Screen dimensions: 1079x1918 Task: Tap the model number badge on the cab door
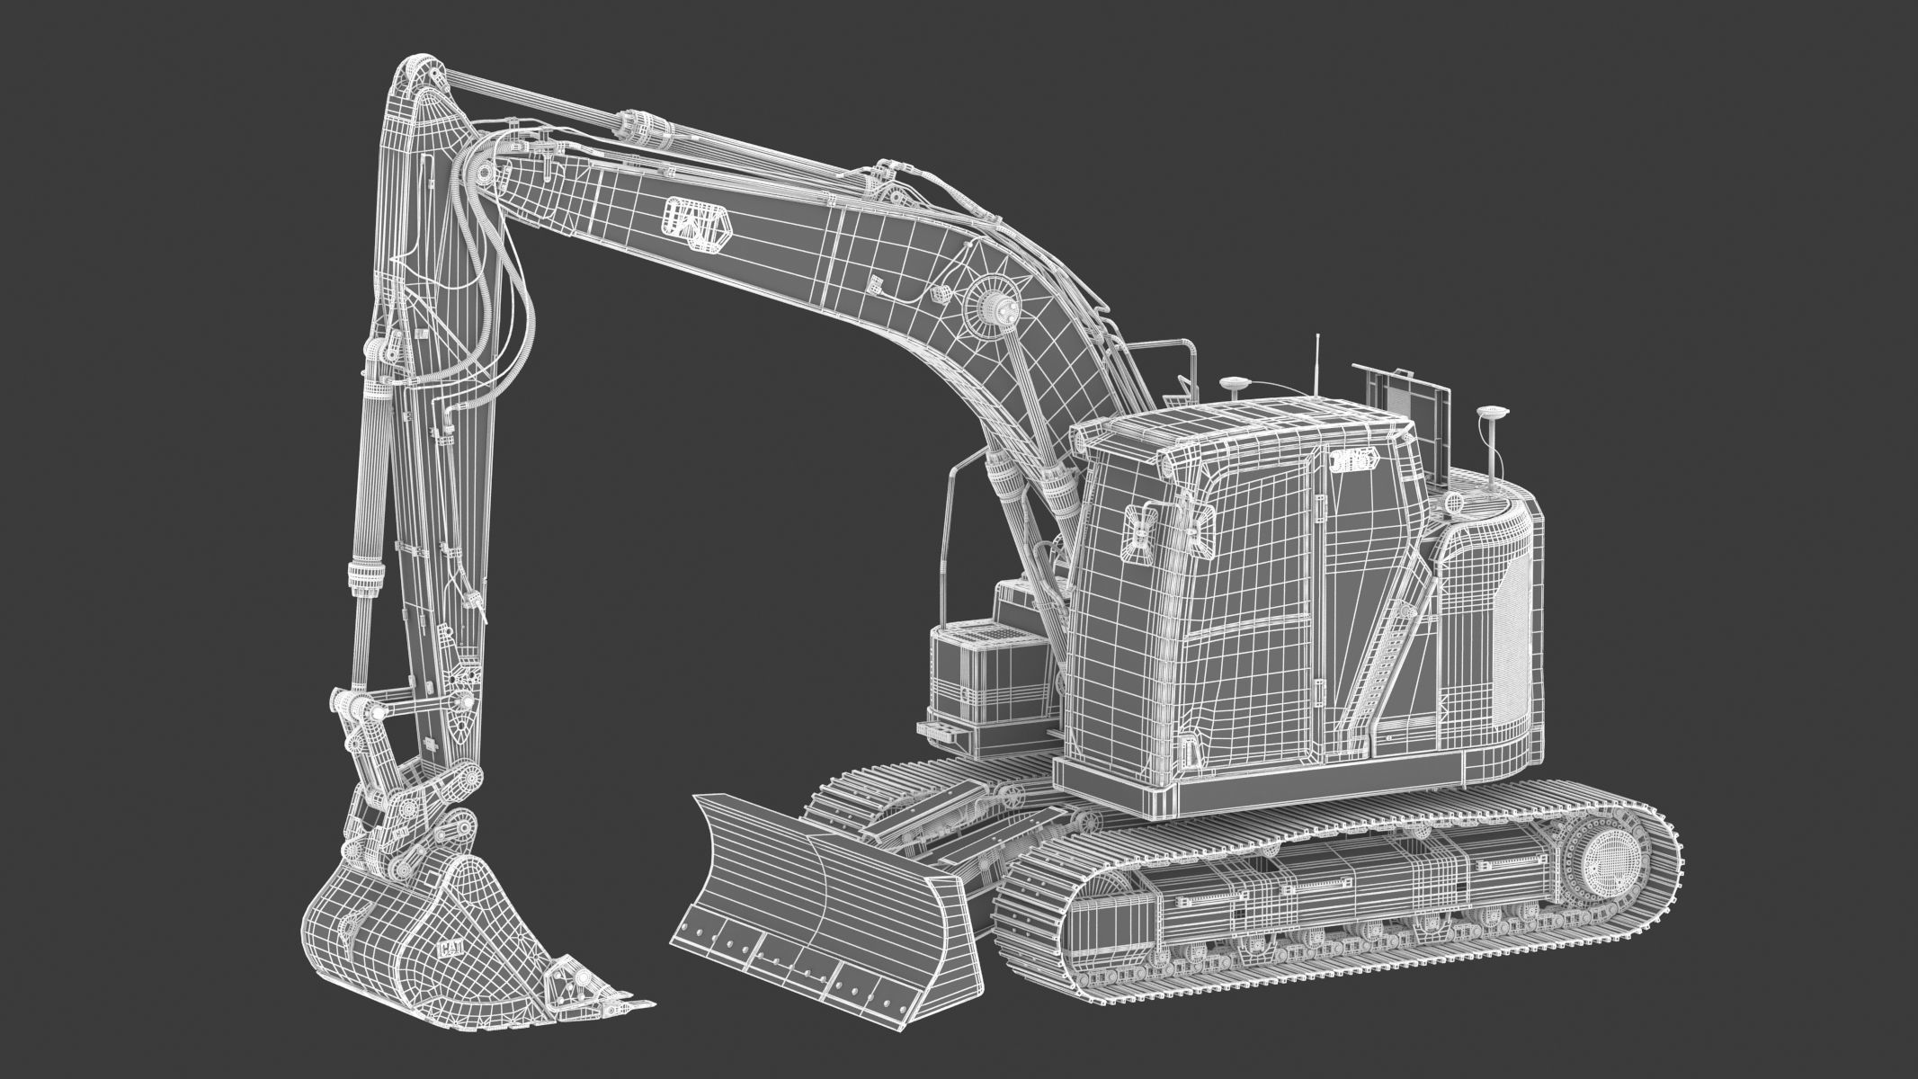click(1352, 460)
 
